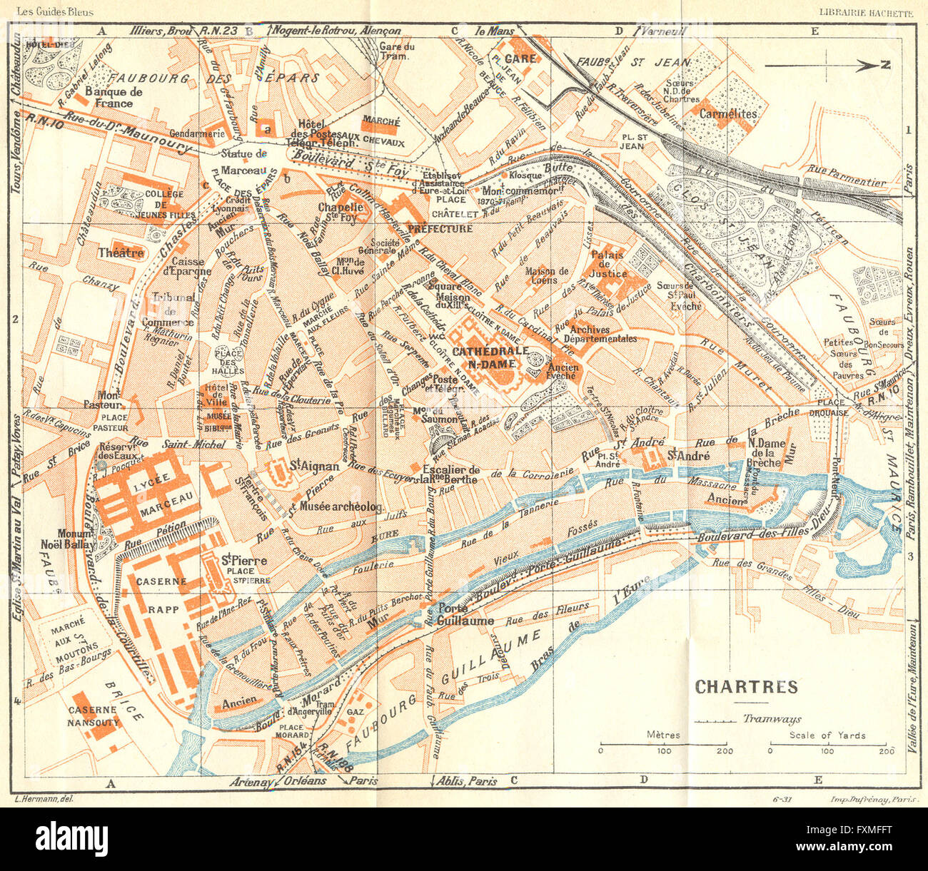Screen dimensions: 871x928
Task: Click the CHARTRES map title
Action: (746, 687)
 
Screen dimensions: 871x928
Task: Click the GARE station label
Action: (520, 58)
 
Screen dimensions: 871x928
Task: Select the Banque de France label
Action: (114, 97)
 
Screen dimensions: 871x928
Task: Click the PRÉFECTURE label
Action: (440, 229)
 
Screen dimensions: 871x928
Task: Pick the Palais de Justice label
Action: (607, 264)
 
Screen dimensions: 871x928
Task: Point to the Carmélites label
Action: (728, 113)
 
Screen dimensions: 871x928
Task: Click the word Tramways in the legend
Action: (771, 720)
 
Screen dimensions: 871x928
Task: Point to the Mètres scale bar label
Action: (663, 735)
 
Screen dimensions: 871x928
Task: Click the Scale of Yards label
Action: (827, 735)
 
